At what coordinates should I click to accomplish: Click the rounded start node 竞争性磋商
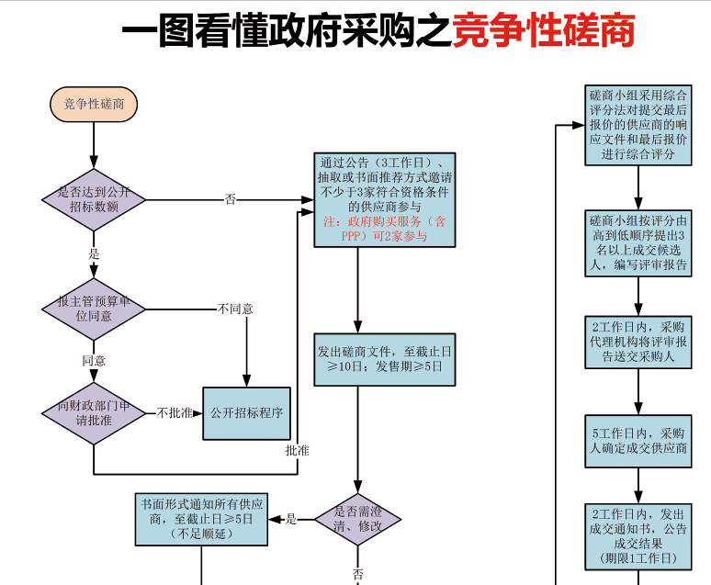94,105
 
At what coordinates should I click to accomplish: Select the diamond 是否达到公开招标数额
94,199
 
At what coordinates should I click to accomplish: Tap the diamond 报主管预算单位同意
94,309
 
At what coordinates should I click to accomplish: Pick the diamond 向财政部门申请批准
94,413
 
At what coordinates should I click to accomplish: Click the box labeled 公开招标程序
245,413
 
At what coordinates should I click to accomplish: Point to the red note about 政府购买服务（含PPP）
385,229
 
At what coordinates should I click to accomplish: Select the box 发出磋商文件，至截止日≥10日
385,358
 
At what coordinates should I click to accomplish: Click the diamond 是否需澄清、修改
358,520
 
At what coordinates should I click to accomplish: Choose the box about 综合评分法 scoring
638,124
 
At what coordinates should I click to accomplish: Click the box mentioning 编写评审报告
638,243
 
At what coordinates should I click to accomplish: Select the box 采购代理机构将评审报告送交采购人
638,342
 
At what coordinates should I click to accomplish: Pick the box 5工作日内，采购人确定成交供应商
638,441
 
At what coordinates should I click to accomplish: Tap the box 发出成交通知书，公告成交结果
638,534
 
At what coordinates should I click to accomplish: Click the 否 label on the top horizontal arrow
230,198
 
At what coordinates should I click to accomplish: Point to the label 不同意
235,309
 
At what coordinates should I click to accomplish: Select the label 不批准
175,413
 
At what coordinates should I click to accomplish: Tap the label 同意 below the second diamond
94,361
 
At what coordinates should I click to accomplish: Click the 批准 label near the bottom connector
297,451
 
